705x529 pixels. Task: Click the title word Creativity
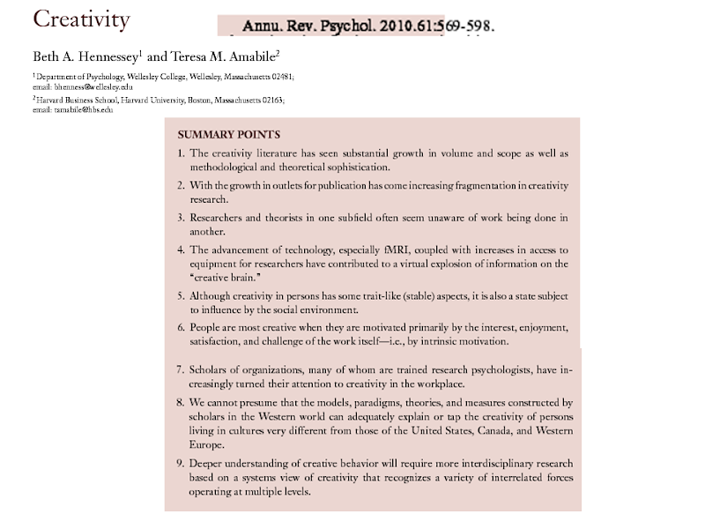click(x=81, y=19)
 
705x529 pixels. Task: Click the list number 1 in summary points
click(x=180, y=153)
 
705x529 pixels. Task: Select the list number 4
click(x=180, y=250)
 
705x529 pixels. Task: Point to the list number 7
click(x=180, y=365)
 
